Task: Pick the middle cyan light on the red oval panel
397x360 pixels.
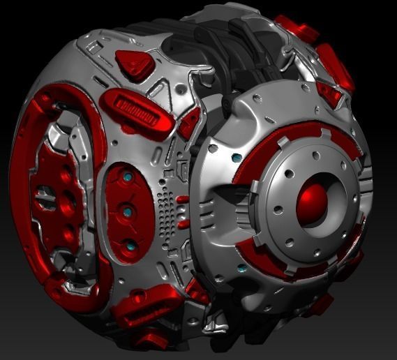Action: click(128, 209)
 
